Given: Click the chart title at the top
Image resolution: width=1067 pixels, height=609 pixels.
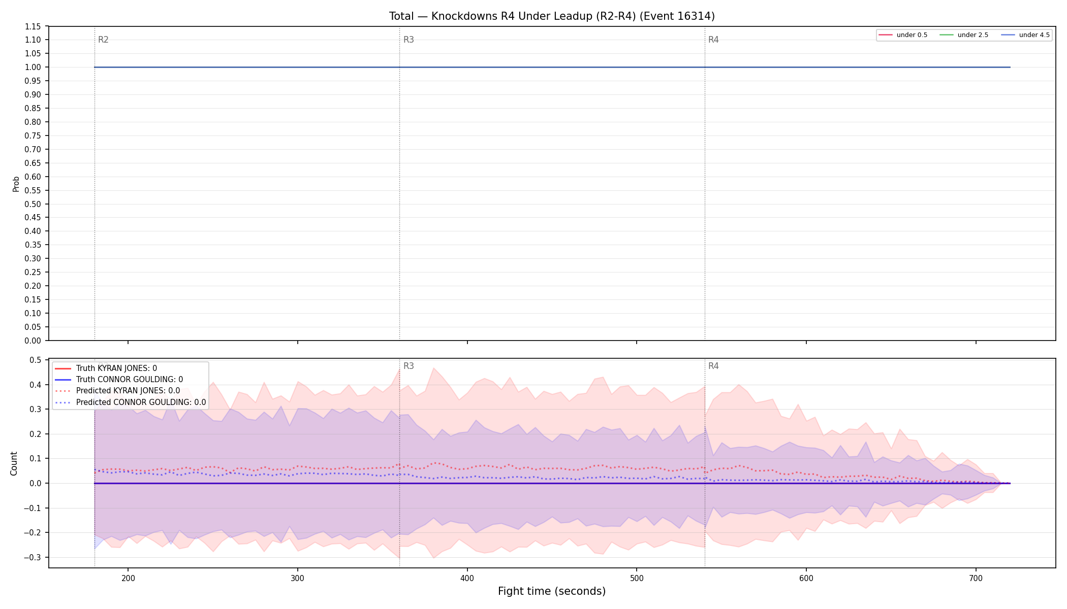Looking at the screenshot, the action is click(552, 16).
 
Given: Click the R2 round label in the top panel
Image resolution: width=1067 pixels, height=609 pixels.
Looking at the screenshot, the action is click(103, 40).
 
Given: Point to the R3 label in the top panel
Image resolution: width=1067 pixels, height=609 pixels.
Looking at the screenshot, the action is click(409, 40).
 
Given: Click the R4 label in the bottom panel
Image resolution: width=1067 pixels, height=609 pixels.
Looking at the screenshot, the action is click(713, 366).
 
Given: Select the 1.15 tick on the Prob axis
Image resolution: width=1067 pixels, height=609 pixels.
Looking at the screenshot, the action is click(33, 26).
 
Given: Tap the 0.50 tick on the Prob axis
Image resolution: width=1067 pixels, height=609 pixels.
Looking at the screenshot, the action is click(33, 204).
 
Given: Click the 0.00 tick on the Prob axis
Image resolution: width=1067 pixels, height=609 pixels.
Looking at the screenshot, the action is click(33, 341).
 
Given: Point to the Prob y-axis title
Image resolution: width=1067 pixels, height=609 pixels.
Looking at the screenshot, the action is click(16, 184).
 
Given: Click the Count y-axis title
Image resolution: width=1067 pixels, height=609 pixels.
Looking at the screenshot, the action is click(14, 463).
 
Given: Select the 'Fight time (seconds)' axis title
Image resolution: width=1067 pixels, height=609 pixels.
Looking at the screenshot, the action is click(552, 591).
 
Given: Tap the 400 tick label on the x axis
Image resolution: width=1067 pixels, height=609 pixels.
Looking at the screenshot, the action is click(467, 578).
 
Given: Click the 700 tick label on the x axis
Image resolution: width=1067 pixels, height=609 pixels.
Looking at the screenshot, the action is click(976, 578).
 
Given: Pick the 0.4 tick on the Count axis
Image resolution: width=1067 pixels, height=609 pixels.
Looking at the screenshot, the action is click(35, 385).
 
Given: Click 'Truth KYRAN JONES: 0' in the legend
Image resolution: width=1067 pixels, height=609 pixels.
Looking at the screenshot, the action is click(116, 368).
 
